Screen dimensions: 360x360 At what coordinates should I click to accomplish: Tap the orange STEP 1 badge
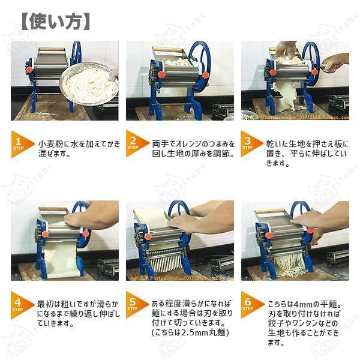coord(22,144)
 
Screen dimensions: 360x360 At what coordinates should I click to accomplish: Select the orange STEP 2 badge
coord(136,144)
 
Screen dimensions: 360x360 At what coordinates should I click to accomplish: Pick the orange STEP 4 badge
coord(22,304)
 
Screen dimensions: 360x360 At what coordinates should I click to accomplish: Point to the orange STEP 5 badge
coord(136,304)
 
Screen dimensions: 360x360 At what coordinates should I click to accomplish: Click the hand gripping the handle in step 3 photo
coord(334,62)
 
